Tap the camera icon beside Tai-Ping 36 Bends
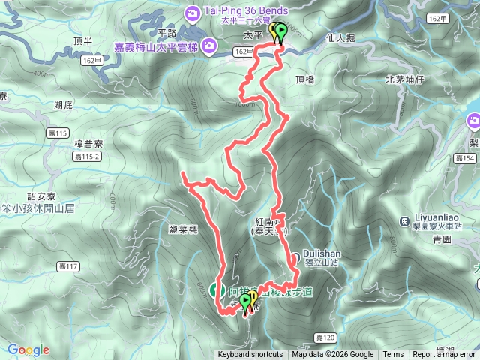click(x=193, y=12)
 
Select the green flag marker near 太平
click(x=281, y=33)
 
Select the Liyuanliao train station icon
click(x=405, y=222)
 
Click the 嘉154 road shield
click(x=465, y=158)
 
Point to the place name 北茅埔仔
click(x=405, y=79)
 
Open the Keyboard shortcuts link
click(x=250, y=355)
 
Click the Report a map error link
click(x=444, y=355)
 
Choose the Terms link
click(x=393, y=355)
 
